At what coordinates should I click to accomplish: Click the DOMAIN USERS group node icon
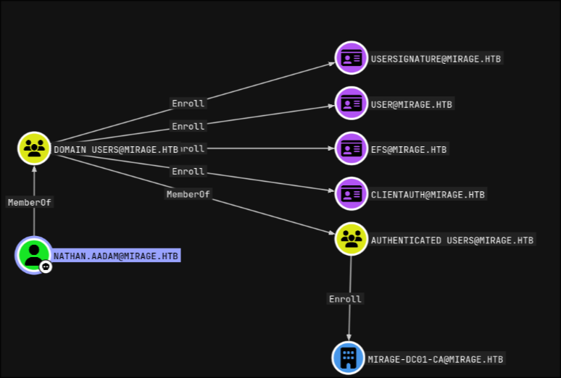click(x=33, y=148)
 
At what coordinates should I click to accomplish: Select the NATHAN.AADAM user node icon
click(x=33, y=254)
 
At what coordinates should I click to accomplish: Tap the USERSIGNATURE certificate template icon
click(x=352, y=58)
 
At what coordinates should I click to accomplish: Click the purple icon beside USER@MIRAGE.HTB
click(x=352, y=104)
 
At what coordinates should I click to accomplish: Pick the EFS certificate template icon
click(x=352, y=148)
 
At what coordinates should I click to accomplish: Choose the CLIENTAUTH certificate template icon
click(x=352, y=193)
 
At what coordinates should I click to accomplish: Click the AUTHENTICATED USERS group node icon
click(x=352, y=239)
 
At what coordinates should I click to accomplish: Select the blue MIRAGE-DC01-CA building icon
click(x=349, y=358)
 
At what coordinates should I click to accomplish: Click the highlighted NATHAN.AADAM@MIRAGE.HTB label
click(x=116, y=256)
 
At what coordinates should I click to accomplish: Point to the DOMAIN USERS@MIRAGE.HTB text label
click(x=116, y=149)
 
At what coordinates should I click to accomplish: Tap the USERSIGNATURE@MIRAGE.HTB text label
click(x=436, y=59)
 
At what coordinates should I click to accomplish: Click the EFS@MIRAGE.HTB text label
click(x=410, y=149)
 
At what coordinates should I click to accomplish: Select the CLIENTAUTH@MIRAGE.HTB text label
click(x=428, y=194)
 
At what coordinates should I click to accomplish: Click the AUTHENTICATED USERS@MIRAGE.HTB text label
click(x=452, y=240)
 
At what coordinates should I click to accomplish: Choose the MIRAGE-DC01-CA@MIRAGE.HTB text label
click(x=436, y=358)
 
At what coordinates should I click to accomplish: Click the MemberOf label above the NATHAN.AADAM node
click(x=30, y=202)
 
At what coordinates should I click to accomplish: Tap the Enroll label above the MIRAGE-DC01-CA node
click(x=345, y=298)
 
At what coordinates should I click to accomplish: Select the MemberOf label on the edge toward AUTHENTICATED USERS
click(x=188, y=194)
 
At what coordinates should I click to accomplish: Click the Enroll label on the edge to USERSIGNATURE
click(x=188, y=104)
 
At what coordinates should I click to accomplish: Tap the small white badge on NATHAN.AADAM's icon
click(x=46, y=266)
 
